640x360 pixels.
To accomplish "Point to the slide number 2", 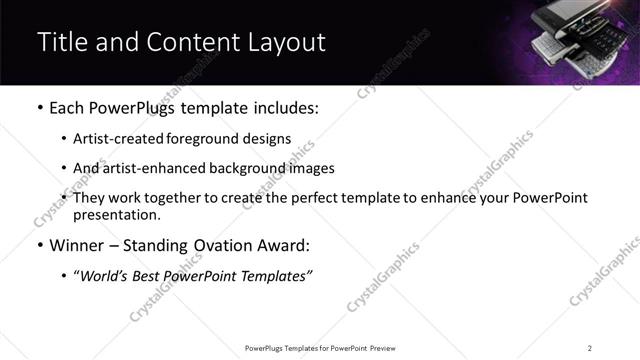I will (x=590, y=347).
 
